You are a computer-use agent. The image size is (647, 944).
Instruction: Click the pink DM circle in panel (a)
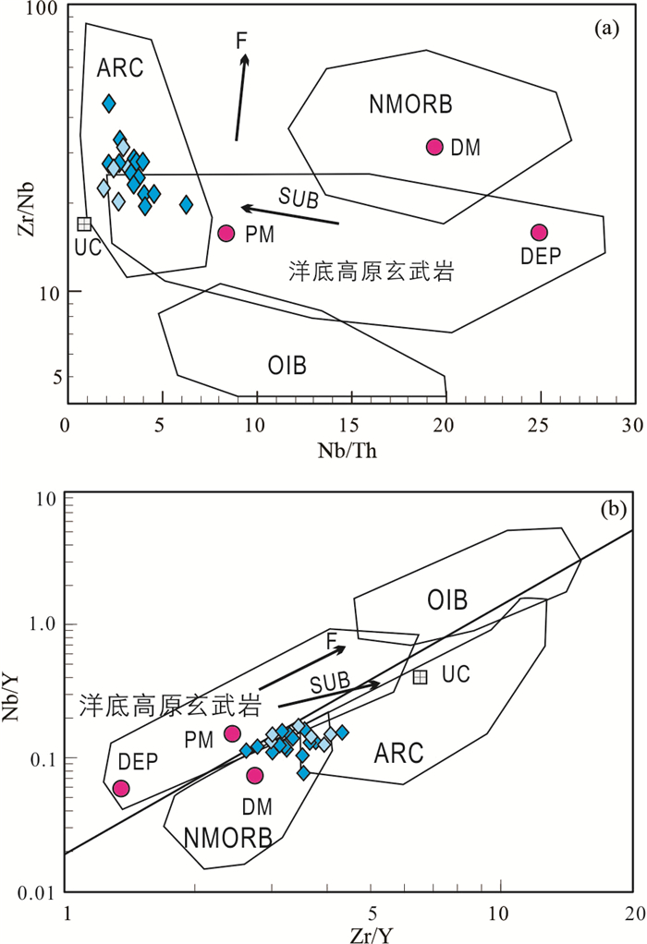(x=435, y=147)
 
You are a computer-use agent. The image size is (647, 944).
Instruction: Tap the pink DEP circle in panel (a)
(x=540, y=233)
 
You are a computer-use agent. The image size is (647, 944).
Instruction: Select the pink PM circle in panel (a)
(x=226, y=234)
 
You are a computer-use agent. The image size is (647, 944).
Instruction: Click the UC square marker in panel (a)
(x=84, y=224)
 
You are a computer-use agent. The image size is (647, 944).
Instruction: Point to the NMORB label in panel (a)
(x=410, y=105)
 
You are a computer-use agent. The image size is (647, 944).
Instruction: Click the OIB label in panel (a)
(x=287, y=366)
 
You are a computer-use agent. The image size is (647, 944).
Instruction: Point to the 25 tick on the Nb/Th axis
(x=540, y=427)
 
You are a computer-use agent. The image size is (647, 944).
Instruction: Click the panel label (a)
(x=606, y=30)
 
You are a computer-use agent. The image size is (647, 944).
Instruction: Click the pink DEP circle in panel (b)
(x=121, y=788)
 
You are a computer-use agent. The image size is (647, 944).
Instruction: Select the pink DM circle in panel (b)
(x=254, y=775)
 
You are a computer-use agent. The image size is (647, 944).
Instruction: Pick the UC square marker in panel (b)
(x=420, y=677)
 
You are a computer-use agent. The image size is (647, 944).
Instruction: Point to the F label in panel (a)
(x=241, y=40)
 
